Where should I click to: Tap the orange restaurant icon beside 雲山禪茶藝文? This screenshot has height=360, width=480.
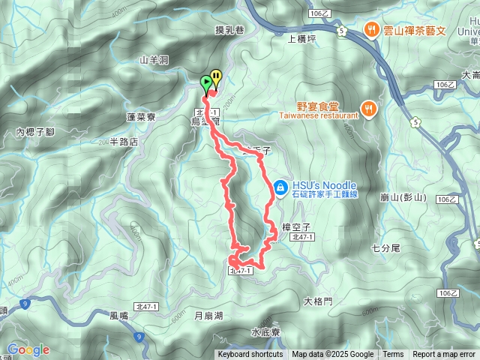click(x=372, y=30)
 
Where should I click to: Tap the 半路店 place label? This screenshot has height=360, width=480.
click(x=124, y=141)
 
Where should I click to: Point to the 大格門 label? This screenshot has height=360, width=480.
click(x=318, y=301)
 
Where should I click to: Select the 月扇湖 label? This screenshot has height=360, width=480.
click(x=208, y=316)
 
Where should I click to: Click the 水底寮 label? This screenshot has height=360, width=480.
click(x=265, y=331)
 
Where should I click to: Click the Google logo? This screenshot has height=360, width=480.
click(x=28, y=349)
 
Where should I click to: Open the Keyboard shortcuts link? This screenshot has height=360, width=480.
click(x=250, y=355)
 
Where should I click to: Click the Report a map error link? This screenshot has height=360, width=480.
click(x=445, y=355)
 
